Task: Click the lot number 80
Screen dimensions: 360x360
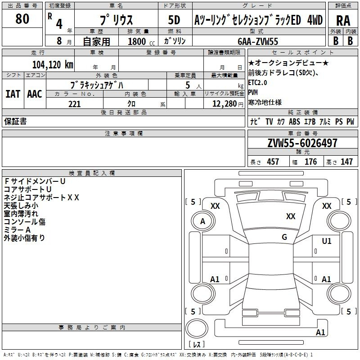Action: (22, 18)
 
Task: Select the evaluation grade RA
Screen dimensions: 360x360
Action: (343, 21)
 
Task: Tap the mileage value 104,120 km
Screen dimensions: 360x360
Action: (53, 65)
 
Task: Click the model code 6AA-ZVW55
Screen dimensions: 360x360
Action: (258, 41)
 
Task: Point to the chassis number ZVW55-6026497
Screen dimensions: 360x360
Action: (302, 143)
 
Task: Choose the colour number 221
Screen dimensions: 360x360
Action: (75, 104)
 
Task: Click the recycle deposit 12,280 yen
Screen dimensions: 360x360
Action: (228, 104)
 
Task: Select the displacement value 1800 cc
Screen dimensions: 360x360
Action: (141, 41)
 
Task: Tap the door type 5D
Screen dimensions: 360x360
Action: (174, 20)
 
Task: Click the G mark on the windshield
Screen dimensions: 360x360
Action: (284, 237)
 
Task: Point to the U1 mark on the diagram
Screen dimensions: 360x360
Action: (327, 241)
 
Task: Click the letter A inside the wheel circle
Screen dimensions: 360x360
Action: (202, 221)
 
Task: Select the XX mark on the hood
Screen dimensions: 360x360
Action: (291, 216)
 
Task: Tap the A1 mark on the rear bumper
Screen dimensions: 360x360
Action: (320, 332)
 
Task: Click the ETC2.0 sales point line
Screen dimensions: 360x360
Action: (257, 83)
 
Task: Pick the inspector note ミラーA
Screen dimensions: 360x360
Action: (17, 230)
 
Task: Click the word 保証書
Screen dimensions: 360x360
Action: (15, 121)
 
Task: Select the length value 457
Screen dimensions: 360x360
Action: (273, 162)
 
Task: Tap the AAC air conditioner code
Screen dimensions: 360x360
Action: (35, 94)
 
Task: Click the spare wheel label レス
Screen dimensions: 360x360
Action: (197, 344)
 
